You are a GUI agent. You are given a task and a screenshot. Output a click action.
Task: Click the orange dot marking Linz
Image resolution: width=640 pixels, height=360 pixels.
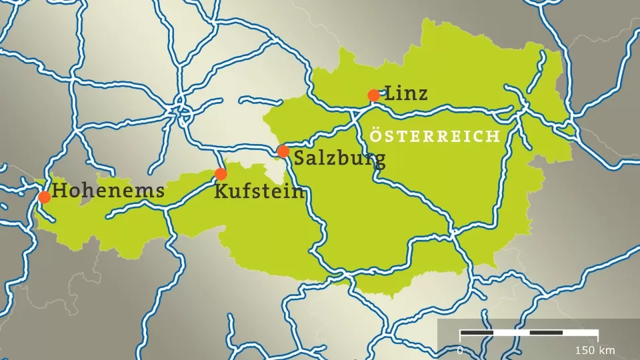(x=374, y=95)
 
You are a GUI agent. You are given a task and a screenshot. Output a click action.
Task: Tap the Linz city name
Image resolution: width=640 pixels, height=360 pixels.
(x=406, y=93)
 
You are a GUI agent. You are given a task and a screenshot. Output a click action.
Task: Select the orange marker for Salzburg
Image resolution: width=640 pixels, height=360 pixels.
(x=283, y=151)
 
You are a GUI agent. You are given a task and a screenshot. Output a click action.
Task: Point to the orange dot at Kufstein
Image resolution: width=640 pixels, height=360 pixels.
(x=221, y=174)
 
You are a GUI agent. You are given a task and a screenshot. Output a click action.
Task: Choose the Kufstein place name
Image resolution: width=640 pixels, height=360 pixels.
(x=260, y=192)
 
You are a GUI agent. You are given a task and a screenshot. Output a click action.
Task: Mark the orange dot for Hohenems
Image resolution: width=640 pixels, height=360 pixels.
(x=44, y=197)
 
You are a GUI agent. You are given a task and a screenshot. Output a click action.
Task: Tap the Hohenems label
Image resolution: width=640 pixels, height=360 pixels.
(x=109, y=191)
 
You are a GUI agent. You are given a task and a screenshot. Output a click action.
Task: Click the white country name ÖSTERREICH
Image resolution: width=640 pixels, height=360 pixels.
(x=435, y=137)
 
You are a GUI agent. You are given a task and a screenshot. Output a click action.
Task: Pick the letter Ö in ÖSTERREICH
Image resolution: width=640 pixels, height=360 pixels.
(x=375, y=136)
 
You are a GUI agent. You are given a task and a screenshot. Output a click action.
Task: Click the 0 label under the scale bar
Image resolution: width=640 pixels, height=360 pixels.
(x=459, y=350)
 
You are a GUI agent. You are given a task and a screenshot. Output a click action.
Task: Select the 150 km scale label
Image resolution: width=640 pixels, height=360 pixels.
(x=595, y=350)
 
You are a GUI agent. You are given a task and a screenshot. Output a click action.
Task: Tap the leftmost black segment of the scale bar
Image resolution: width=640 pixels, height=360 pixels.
(x=477, y=332)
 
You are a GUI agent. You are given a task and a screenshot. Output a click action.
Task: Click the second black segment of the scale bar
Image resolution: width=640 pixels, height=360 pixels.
(x=546, y=332)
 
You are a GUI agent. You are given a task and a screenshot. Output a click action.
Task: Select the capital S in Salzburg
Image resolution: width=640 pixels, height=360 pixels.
(x=300, y=159)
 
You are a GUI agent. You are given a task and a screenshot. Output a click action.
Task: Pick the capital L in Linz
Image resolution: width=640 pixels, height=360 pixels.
(x=391, y=93)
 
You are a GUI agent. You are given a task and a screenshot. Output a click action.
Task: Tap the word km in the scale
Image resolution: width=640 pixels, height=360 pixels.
(x=607, y=350)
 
